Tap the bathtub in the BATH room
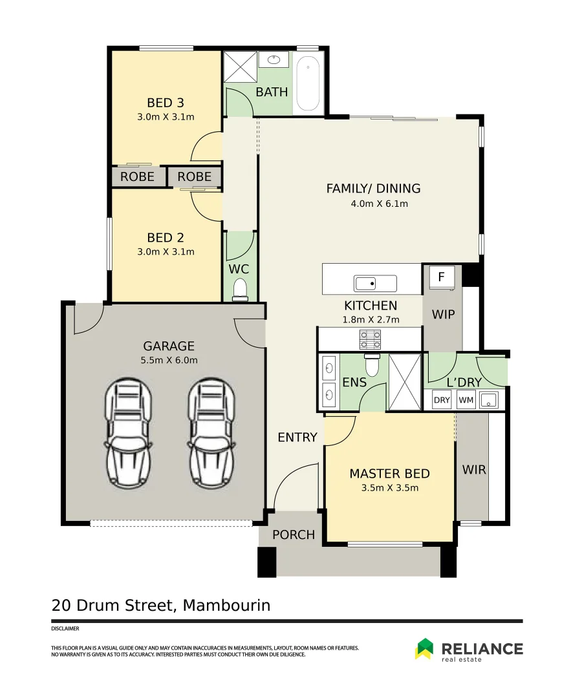coord(308,84)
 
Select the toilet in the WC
coord(240,288)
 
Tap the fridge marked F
coord(442,277)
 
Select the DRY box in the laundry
coord(442,400)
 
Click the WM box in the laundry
coord(466,400)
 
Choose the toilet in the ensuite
coord(373,366)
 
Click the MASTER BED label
coord(389,474)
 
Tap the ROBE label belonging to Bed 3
coord(138,176)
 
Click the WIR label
coord(474,470)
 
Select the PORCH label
coord(294,535)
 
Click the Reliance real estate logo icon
coord(424,649)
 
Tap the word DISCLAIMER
coord(65,628)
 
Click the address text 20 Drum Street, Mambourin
coord(161,606)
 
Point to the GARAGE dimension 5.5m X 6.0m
coord(169,360)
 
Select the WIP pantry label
coord(443,315)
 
